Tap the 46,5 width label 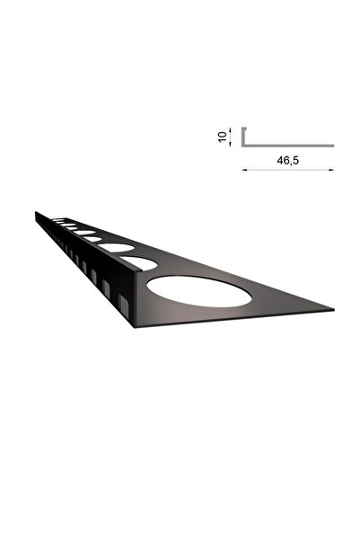click(x=285, y=160)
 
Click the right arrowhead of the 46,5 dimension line click(x=331, y=169)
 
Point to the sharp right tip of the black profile click(x=332, y=311)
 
